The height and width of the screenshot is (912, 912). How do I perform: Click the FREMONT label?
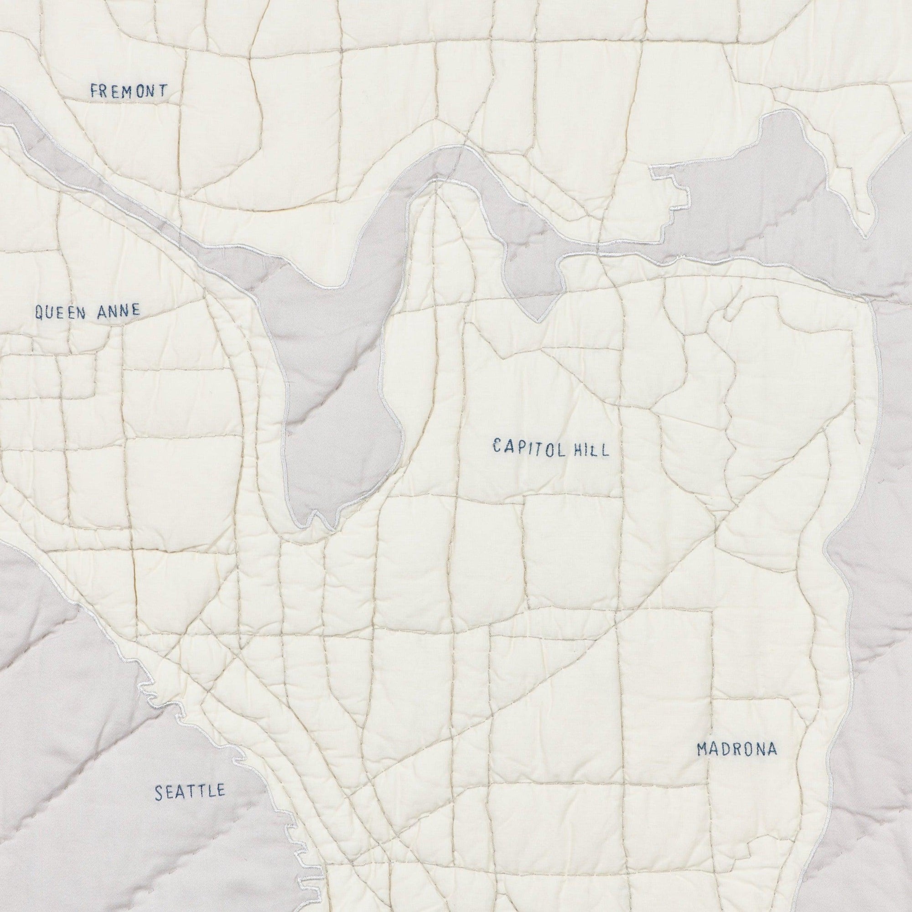[x=129, y=91]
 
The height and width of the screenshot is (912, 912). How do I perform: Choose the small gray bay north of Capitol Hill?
[x=534, y=283]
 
